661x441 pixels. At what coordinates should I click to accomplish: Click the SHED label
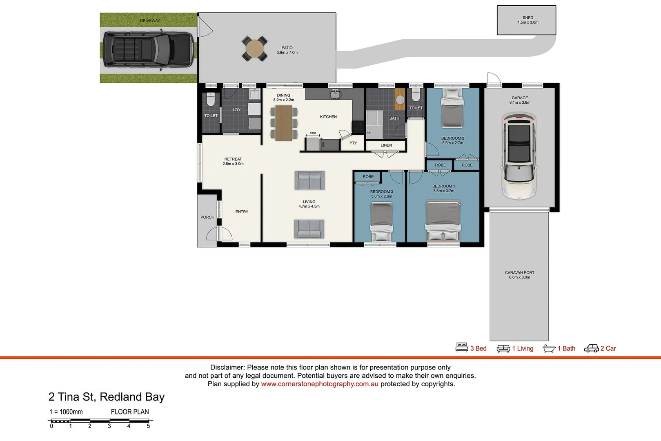527,18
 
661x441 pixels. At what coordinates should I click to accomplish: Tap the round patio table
255,49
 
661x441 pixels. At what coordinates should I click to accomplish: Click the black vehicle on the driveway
148,49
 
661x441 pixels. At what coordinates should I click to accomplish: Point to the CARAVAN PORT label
519,273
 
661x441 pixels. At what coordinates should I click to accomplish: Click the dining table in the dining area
283,123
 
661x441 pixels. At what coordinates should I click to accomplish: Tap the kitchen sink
336,95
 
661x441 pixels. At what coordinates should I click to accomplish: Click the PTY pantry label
353,143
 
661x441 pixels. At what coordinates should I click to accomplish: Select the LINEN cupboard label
386,145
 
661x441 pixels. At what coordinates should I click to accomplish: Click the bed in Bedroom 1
443,220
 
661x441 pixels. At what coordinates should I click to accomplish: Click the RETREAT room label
233,159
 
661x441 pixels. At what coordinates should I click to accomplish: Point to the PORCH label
207,217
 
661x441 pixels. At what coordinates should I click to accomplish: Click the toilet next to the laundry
211,100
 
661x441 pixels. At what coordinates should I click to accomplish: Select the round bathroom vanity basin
400,100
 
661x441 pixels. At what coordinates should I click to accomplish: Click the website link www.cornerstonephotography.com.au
320,384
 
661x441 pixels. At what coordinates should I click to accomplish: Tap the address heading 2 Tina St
106,397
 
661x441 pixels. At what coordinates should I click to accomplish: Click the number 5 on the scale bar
148,426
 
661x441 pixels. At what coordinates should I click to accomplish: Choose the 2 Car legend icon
591,348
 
